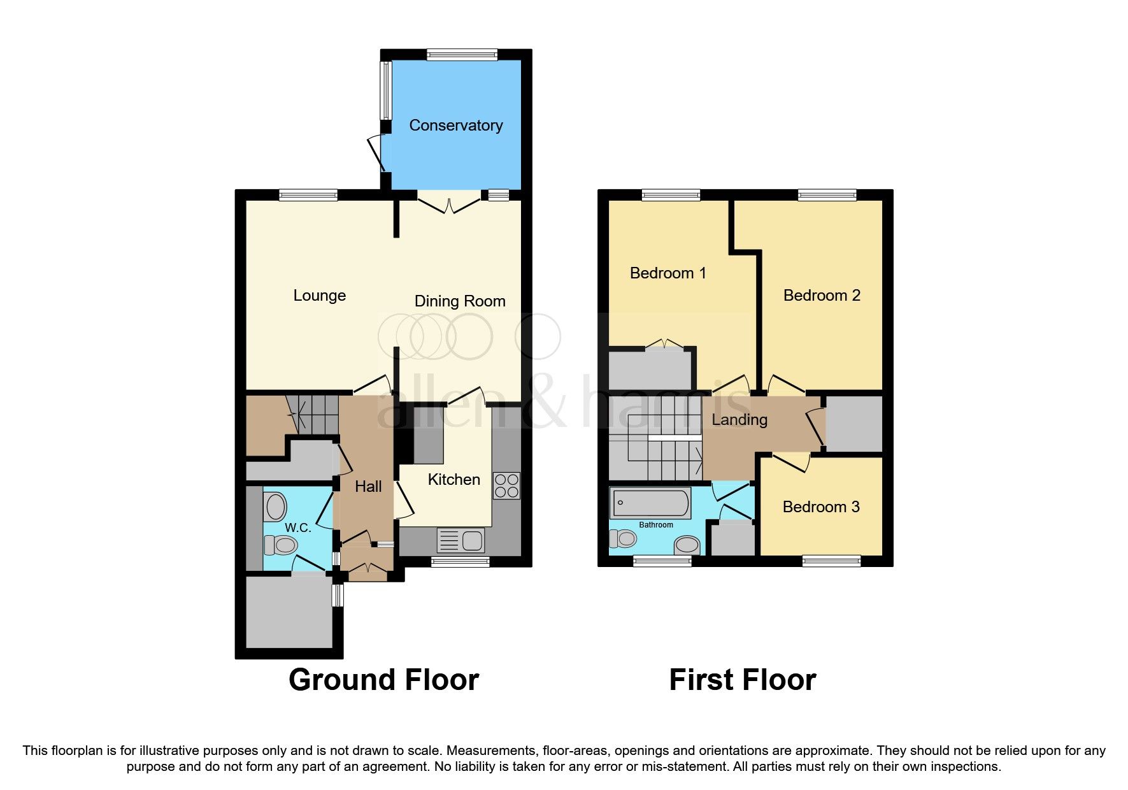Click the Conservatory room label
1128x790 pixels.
point(455,126)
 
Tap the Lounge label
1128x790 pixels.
point(319,296)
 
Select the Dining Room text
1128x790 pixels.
point(459,301)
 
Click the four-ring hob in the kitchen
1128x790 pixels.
point(506,485)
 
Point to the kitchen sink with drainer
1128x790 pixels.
point(460,541)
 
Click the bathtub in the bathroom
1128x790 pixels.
point(650,503)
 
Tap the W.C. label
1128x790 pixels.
point(297,528)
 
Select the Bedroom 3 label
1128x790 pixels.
point(820,507)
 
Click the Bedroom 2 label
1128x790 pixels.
point(821,296)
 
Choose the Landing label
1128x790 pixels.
point(739,420)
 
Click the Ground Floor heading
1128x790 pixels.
point(383,680)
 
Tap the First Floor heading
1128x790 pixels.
point(742,680)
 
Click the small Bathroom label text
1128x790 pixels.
point(655,525)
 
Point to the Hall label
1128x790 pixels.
point(368,487)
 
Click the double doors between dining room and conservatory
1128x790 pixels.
point(449,203)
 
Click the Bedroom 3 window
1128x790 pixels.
point(831,561)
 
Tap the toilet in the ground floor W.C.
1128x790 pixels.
point(282,545)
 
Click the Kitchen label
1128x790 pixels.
point(453,480)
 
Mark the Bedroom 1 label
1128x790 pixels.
point(668,273)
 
